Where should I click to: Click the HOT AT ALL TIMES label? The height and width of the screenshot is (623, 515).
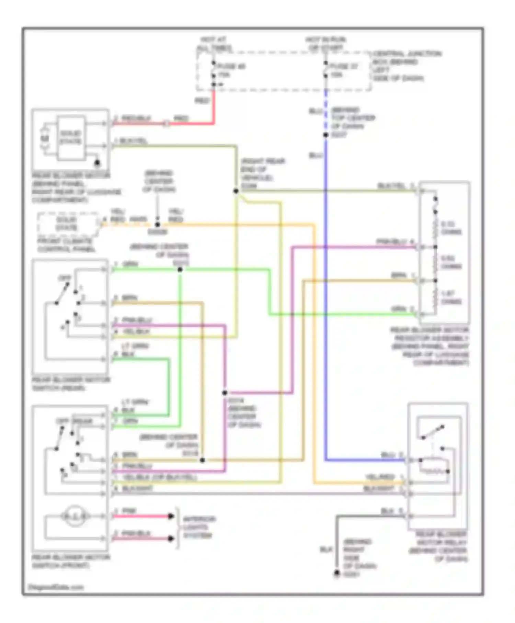tap(214, 44)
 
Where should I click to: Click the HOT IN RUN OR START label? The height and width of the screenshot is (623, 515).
tap(325, 44)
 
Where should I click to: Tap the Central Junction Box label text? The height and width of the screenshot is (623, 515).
tap(407, 66)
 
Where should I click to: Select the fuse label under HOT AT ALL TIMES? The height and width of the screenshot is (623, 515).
tap(231, 70)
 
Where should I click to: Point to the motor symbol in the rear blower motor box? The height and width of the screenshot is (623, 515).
tap(45, 139)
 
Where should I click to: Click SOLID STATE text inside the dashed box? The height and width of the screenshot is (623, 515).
tap(67, 224)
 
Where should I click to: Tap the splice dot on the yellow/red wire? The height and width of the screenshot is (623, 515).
tap(158, 225)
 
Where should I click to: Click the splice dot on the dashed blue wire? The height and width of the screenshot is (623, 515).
tap(326, 135)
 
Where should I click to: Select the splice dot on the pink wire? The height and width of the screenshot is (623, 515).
tap(225, 393)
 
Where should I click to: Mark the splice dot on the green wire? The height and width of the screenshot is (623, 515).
tap(180, 270)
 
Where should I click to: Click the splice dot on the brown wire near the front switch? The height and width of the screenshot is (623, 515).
tap(202, 460)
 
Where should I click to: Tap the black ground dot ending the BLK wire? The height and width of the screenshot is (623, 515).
tap(337, 573)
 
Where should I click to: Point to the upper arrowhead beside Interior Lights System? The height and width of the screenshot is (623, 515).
tap(171, 516)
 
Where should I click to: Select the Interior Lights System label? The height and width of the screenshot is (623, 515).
tap(199, 527)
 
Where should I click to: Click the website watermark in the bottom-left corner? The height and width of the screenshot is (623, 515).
tap(56, 587)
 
